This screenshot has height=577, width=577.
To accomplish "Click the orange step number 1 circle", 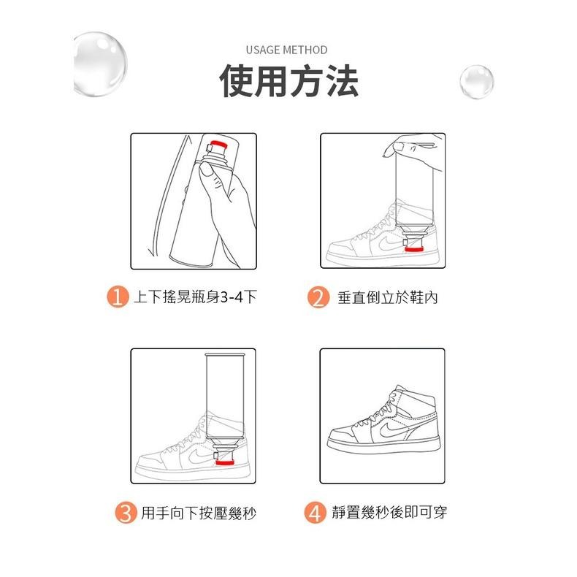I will [118, 297].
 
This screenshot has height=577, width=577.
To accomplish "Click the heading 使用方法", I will [288, 81].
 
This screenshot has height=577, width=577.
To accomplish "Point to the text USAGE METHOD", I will [286, 50].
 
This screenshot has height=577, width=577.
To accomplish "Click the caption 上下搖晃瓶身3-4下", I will [194, 297].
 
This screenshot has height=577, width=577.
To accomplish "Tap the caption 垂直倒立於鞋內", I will [388, 297].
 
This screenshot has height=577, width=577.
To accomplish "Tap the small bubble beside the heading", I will [476, 81].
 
